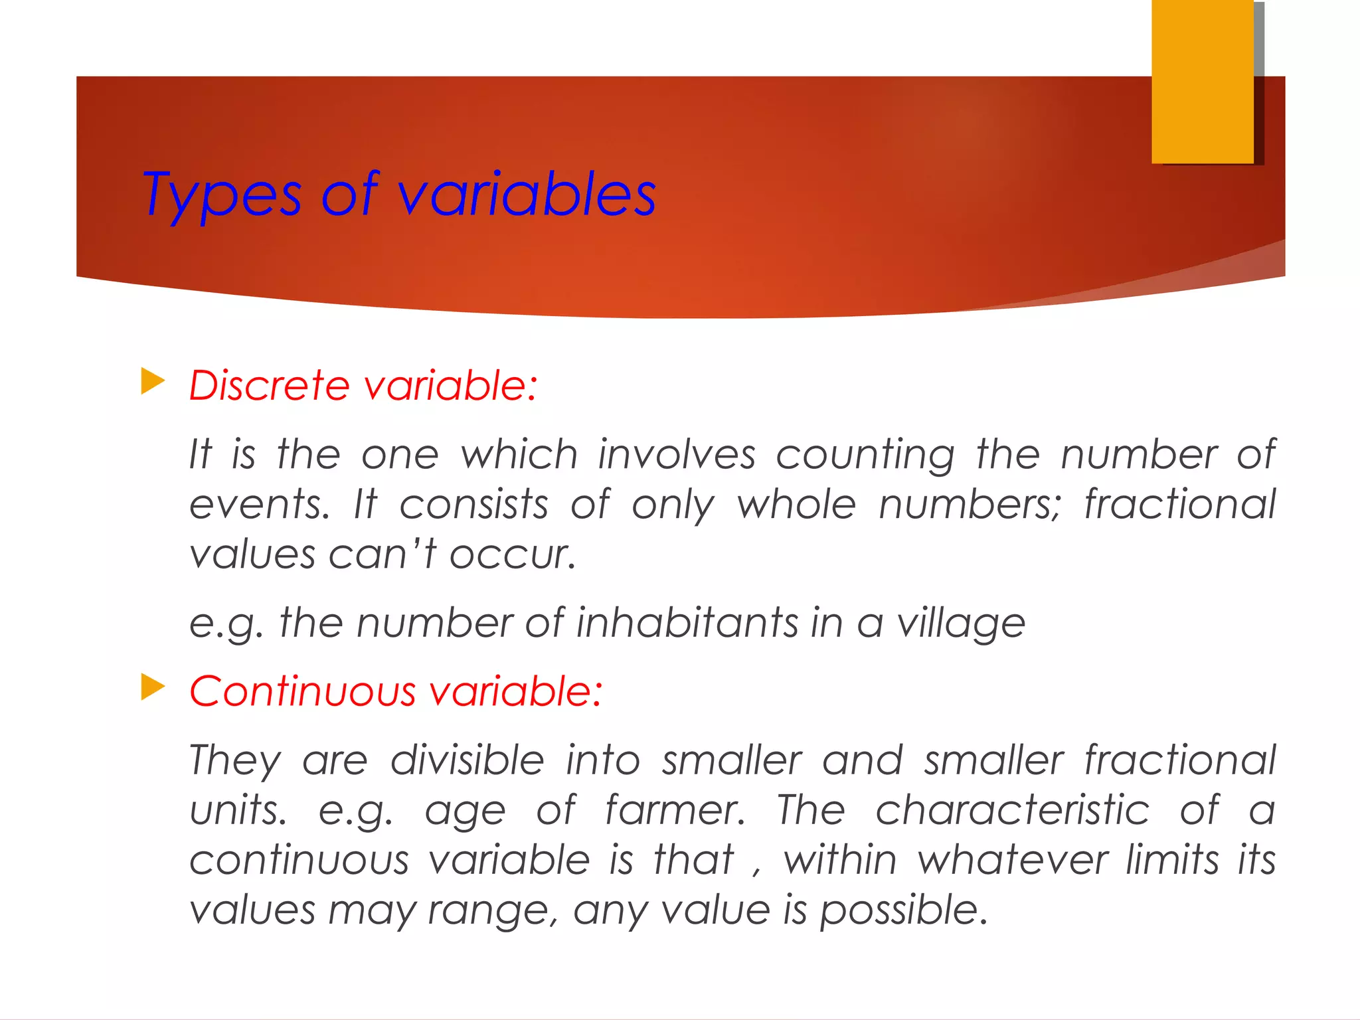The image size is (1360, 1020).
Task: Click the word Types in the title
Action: pos(222,195)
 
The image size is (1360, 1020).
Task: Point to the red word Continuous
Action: pos(302,691)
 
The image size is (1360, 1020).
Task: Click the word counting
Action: pos(865,456)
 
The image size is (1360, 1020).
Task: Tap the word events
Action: pos(259,505)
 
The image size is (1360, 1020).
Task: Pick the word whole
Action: pos(796,505)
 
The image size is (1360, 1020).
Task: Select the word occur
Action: pos(512,555)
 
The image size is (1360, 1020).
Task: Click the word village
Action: pos(961,624)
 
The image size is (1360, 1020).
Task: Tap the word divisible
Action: pos(467,760)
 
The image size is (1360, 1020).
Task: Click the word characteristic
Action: pos(1012,810)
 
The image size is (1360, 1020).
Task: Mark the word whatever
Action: pos(1013,860)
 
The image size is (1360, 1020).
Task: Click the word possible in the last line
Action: pos(903,910)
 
